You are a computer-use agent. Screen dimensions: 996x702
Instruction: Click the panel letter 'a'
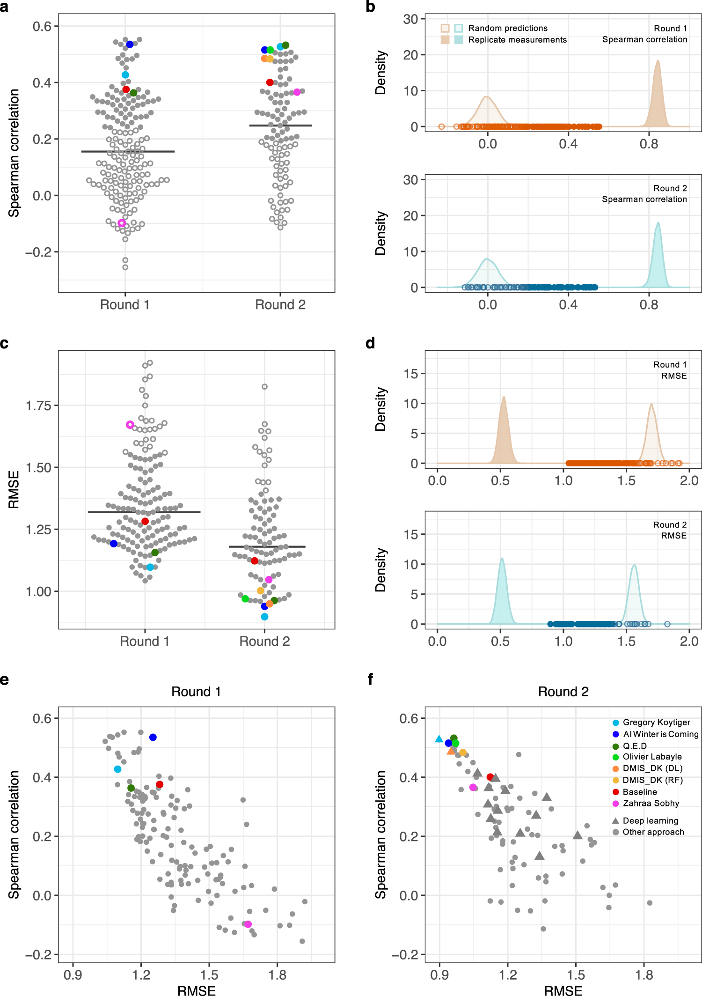pyautogui.click(x=4, y=8)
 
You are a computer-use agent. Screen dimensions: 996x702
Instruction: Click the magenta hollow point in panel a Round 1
pyautogui.click(x=122, y=223)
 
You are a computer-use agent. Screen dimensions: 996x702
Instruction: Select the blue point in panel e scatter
pyautogui.click(x=153, y=737)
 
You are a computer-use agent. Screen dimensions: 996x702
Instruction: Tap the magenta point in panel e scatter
pyautogui.click(x=248, y=924)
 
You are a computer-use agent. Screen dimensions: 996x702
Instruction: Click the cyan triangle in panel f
pyautogui.click(x=439, y=739)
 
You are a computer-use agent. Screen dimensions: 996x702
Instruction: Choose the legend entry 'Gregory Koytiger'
pyautogui.click(x=656, y=723)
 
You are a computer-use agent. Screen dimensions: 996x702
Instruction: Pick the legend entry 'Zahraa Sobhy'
pyautogui.click(x=651, y=803)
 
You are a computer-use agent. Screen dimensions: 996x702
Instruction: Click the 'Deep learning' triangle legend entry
pyautogui.click(x=650, y=820)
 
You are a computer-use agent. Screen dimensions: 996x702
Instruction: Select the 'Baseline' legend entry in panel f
pyautogui.click(x=639, y=792)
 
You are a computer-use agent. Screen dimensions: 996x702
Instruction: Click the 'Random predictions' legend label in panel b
pyautogui.click(x=507, y=28)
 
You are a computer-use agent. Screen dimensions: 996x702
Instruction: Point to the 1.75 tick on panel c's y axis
pyautogui.click(x=38, y=406)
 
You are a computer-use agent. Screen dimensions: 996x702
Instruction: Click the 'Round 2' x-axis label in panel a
pyautogui.click(x=280, y=305)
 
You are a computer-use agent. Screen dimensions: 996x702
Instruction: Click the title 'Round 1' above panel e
pyautogui.click(x=196, y=692)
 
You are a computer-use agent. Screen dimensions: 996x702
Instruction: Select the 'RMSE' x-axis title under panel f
pyautogui.click(x=563, y=990)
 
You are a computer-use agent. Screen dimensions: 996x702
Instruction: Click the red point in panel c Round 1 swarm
pyautogui.click(x=145, y=521)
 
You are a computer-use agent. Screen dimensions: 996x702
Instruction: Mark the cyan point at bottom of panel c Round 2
pyautogui.click(x=264, y=617)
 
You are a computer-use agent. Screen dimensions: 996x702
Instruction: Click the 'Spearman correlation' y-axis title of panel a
pyautogui.click(x=14, y=153)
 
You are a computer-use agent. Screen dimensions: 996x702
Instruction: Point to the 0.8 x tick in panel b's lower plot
pyautogui.click(x=649, y=305)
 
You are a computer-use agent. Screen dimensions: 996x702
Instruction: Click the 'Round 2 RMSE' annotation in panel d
pyautogui.click(x=670, y=530)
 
